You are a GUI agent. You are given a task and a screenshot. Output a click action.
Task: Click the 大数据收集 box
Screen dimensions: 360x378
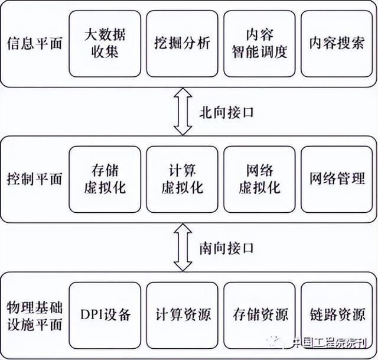(105, 44)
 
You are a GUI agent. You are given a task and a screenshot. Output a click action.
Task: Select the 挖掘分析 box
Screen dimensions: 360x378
(182, 44)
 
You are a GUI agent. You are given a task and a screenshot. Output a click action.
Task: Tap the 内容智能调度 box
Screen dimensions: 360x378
(259, 44)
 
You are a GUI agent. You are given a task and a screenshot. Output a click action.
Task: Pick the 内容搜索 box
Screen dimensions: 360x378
(336, 44)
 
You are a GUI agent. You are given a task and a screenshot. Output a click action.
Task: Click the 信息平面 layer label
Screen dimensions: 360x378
(34, 44)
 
